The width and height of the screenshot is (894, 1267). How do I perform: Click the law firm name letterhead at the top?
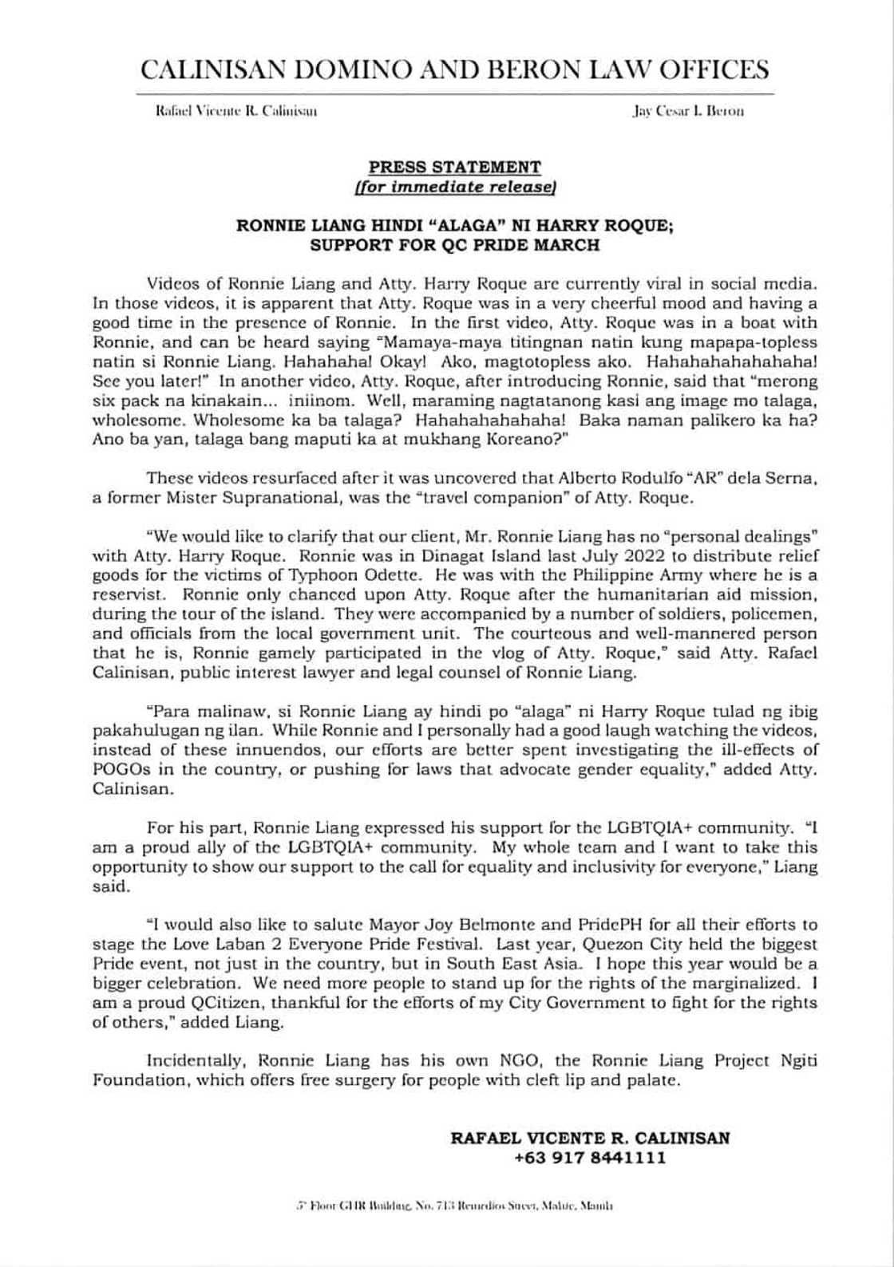[x=454, y=69]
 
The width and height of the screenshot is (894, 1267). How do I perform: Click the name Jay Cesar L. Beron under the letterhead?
[x=688, y=112]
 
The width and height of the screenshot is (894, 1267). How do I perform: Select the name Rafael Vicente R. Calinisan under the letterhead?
[x=236, y=112]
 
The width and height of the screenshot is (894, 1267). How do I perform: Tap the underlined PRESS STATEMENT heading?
[x=454, y=167]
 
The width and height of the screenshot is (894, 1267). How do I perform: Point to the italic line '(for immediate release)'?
[x=454, y=187]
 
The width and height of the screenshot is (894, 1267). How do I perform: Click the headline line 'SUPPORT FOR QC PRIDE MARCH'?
[x=454, y=245]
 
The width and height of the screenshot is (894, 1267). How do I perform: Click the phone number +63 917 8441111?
[x=590, y=1158]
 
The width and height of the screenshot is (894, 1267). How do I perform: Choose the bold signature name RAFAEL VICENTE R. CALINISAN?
[x=590, y=1138]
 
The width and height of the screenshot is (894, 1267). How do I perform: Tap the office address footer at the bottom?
[x=454, y=1206]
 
